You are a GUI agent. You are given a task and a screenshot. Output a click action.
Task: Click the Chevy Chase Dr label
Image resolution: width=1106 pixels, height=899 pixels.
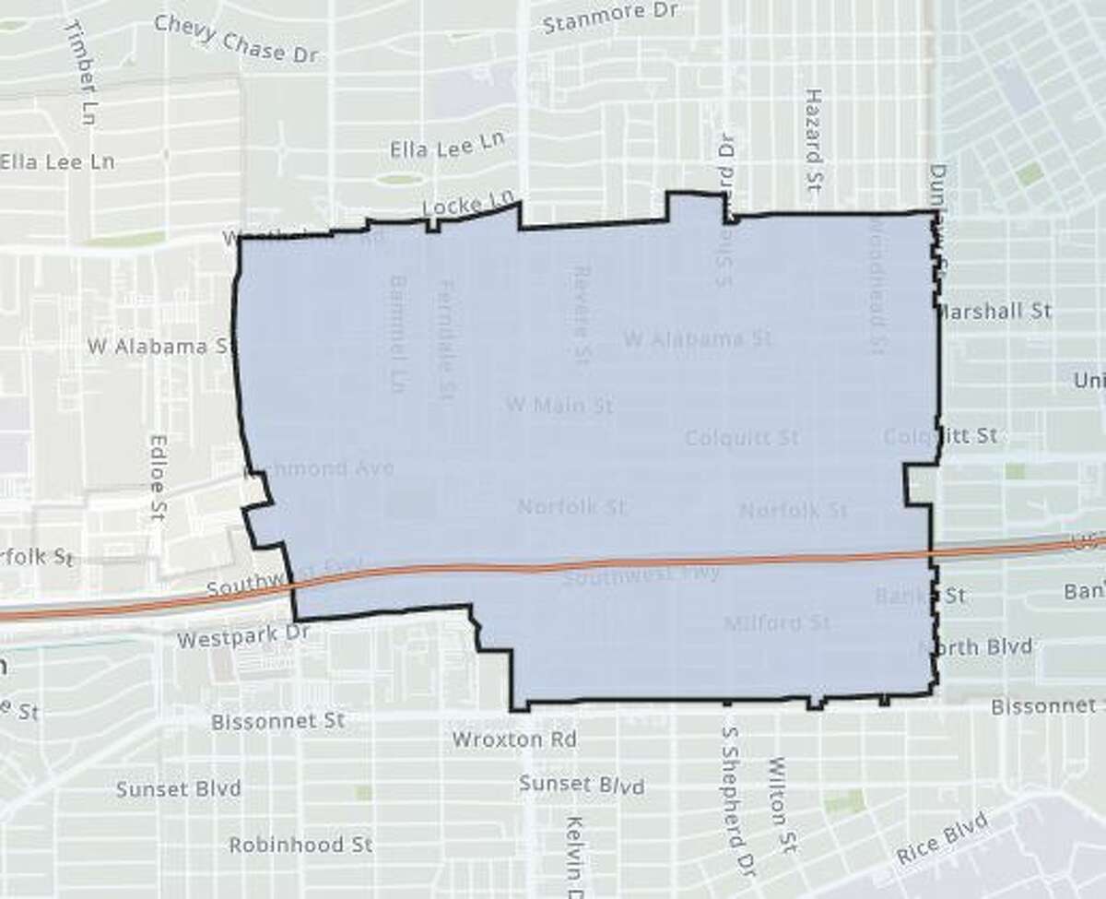pyautogui.click(x=236, y=39)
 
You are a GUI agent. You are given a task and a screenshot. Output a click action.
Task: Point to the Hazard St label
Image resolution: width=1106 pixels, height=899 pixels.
pyautogui.click(x=813, y=146)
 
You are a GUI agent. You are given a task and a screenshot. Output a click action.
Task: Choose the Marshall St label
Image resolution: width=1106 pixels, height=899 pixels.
pyautogui.click(x=994, y=311)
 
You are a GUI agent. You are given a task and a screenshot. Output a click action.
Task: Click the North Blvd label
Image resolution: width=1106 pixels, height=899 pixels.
pyautogui.click(x=980, y=646)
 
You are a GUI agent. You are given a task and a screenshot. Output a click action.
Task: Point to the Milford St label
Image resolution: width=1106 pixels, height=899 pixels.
pyautogui.click(x=777, y=623)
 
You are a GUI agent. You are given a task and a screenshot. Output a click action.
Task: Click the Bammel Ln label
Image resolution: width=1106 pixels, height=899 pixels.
pyautogui.click(x=397, y=333)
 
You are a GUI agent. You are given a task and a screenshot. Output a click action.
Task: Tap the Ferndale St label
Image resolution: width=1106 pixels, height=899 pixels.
pyautogui.click(x=447, y=339)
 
